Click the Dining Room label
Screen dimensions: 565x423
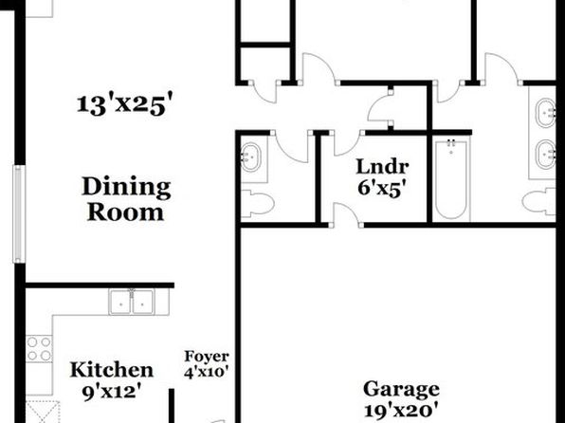[x=126, y=199]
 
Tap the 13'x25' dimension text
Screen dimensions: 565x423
[x=125, y=104]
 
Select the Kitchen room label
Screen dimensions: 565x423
[x=112, y=370]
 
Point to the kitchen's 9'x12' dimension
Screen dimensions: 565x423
[x=111, y=392]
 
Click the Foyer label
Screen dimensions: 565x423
[x=207, y=357]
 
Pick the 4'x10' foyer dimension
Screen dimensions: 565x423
[x=207, y=372]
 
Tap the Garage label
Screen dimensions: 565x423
[x=401, y=390]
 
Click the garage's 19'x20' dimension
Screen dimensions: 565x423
[x=401, y=411]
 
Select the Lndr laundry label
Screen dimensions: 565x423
[x=382, y=167]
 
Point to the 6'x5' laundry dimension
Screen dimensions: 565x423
[x=384, y=188]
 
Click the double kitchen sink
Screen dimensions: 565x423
[x=132, y=302]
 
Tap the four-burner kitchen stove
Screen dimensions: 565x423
[x=39, y=349]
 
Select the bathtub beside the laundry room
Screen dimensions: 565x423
[x=451, y=180]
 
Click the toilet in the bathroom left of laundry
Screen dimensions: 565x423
[x=257, y=204]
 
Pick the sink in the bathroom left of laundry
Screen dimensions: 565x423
[x=250, y=157]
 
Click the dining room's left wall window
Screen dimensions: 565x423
[x=19, y=213]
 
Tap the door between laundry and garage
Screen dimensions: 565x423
[x=346, y=215]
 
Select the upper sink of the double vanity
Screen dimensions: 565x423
[x=545, y=113]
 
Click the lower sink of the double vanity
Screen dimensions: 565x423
[x=545, y=155]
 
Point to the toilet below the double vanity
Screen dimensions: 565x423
[x=539, y=201]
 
